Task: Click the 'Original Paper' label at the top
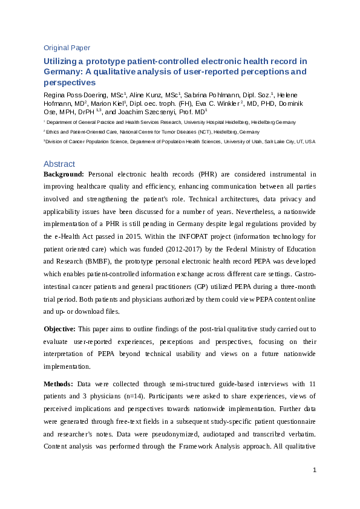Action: coord(67,48)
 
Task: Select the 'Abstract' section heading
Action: coord(59,164)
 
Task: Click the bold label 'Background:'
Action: coord(64,174)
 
